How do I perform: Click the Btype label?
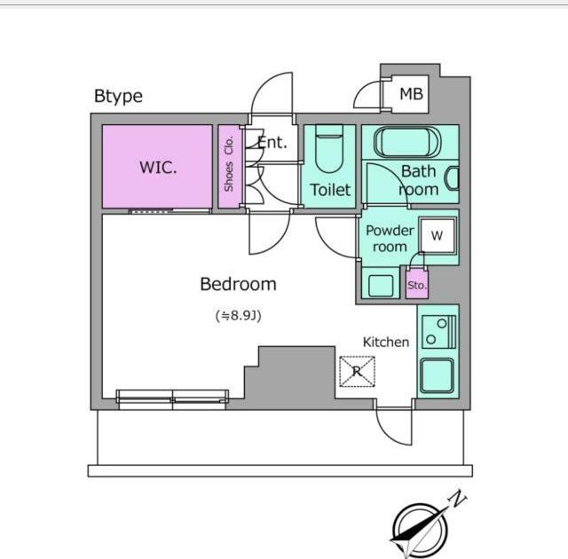click(x=118, y=97)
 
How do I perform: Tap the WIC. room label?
click(x=158, y=168)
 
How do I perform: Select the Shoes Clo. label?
click(x=229, y=164)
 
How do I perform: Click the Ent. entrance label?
click(x=272, y=142)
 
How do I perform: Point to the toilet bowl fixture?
click(x=329, y=148)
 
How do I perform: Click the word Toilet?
click(x=330, y=190)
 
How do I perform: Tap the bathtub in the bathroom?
click(x=407, y=142)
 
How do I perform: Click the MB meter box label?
click(x=411, y=94)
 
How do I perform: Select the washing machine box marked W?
click(x=438, y=236)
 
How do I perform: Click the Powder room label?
click(x=390, y=239)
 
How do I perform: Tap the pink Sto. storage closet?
click(x=416, y=283)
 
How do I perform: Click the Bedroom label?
click(x=238, y=284)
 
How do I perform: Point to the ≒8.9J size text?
click(x=239, y=316)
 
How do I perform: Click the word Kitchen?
click(x=386, y=342)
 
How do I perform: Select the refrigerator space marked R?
click(x=357, y=372)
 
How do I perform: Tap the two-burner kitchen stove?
click(x=438, y=332)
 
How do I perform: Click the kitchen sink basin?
click(x=438, y=376)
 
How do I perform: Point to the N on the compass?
click(x=458, y=500)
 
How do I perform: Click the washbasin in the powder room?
click(x=381, y=286)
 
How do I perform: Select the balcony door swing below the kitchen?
click(x=394, y=426)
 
